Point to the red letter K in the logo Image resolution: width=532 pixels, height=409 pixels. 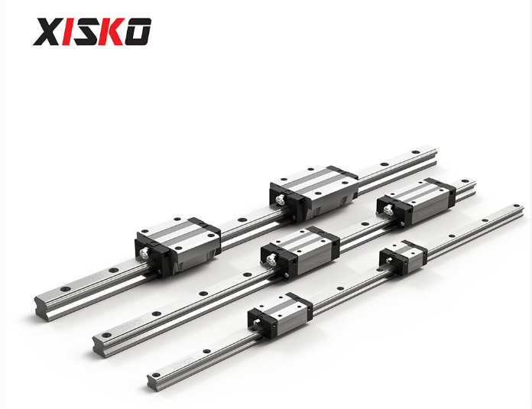tap(112, 31)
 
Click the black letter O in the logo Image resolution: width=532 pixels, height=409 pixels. tap(138, 31)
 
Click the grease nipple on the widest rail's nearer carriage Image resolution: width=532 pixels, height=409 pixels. tap(144, 252)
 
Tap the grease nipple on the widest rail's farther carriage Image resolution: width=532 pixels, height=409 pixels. tap(280, 200)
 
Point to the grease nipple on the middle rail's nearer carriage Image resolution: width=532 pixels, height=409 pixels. tap(271, 260)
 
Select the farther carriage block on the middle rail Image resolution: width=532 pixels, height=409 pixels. tap(416, 203)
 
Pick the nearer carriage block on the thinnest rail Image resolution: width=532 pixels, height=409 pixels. tap(281, 315)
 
